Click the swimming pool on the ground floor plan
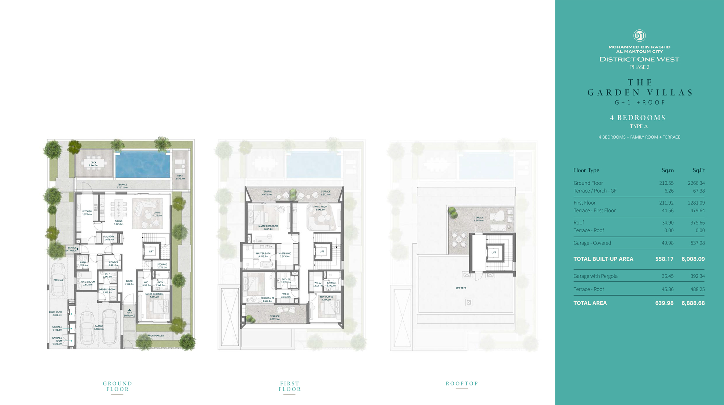(142, 165)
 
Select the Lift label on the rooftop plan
(494, 252)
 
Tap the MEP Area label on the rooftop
(461, 288)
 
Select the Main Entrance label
(129, 314)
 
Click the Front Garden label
(156, 335)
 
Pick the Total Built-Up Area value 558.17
(664, 259)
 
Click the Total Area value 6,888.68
(693, 303)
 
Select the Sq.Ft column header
(698, 170)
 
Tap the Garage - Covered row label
(592, 243)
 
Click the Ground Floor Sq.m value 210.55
(666, 183)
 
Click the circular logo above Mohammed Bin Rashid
(639, 36)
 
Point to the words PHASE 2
(639, 67)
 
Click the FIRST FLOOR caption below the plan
(290, 386)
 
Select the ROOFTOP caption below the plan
(462, 383)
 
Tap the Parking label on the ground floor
(58, 280)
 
